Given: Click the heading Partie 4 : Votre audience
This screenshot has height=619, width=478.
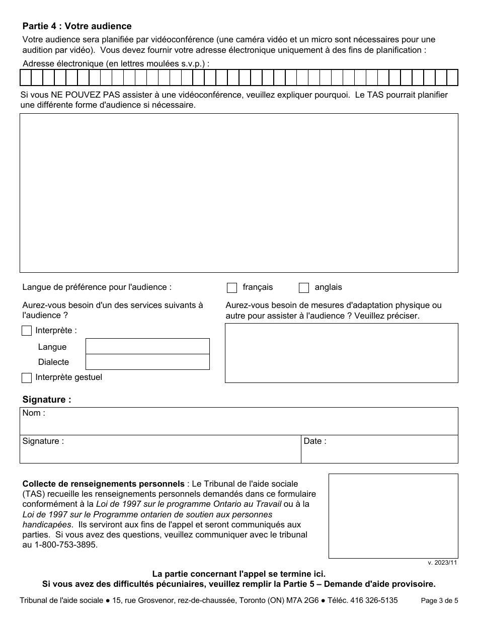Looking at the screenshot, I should [x=77, y=26].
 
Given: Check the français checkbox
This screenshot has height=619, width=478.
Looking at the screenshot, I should [x=232, y=288].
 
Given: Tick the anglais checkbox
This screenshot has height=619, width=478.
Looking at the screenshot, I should [x=304, y=288].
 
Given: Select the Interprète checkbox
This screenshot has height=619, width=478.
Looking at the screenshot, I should [x=27, y=331].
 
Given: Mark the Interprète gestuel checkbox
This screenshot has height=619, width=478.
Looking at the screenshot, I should [x=27, y=377].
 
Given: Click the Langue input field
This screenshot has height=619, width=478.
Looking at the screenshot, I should [x=147, y=346].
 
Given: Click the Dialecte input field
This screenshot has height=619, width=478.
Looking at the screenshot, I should [x=147, y=362].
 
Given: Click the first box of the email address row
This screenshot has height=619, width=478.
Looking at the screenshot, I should [x=26, y=78].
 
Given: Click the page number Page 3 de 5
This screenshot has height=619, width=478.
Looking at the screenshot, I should [x=439, y=600].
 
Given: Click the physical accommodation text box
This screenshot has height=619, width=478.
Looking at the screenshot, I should [x=341, y=353].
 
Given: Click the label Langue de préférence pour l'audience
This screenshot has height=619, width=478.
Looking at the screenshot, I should [x=97, y=287].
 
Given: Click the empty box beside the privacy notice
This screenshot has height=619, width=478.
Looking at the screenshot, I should [x=393, y=516].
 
